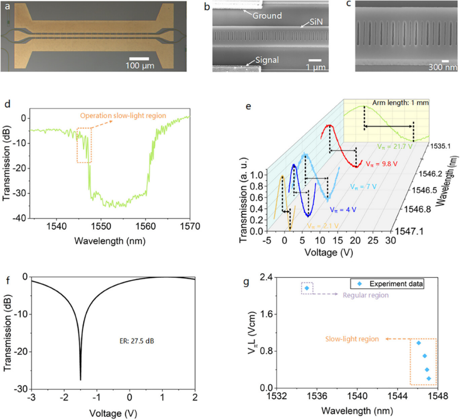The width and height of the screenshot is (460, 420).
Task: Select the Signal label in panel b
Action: coord(267,60)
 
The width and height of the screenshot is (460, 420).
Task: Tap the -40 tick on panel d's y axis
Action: coord(20,218)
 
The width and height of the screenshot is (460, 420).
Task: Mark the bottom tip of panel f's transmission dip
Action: coord(80,379)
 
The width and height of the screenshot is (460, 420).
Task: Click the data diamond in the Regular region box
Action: coord(307,288)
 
